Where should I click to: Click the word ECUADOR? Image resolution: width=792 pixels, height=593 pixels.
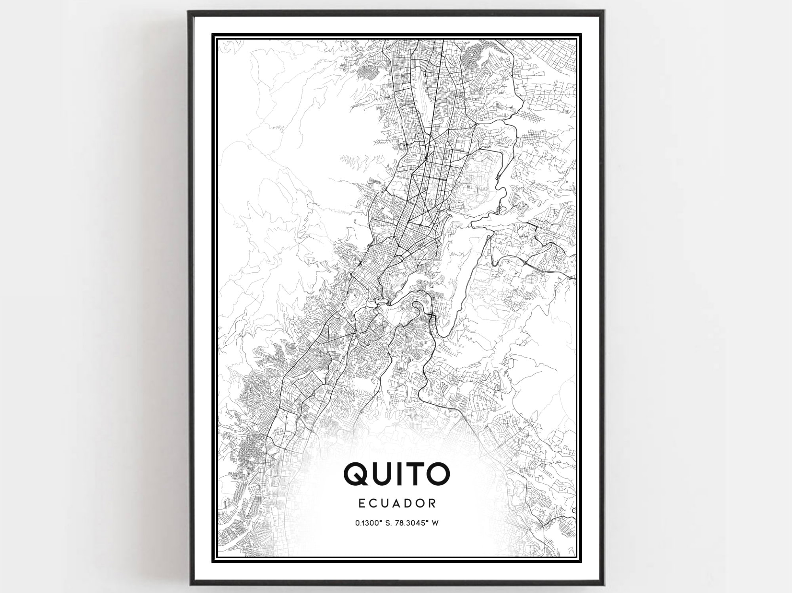click(397, 503)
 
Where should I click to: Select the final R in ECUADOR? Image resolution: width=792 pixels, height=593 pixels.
click(432, 503)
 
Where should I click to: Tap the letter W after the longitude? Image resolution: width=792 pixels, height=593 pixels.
click(435, 523)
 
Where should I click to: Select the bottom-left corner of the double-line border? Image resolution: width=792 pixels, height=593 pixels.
click(213, 561)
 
